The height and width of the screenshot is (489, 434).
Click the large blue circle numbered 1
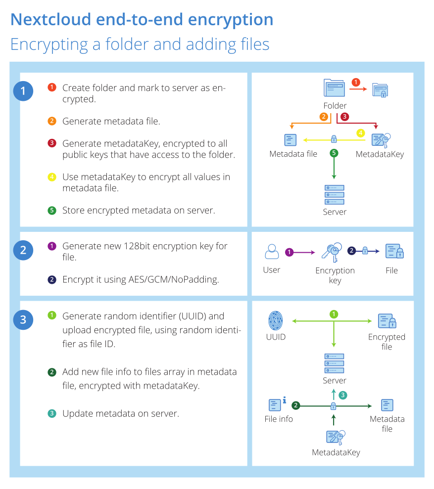click(x=23, y=91)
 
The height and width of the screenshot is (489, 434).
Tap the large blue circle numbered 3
click(x=23, y=320)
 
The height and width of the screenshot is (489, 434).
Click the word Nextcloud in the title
click(x=50, y=19)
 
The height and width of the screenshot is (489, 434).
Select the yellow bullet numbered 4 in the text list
click(x=52, y=177)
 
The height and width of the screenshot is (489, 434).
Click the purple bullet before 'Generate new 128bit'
click(x=52, y=246)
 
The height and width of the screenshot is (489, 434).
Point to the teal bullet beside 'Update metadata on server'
click(x=52, y=413)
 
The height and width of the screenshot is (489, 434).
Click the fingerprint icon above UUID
click(x=276, y=320)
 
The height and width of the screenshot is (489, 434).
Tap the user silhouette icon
click(x=272, y=251)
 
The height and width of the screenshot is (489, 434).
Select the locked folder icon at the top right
click(x=380, y=90)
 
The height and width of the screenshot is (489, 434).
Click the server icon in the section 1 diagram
click(x=335, y=195)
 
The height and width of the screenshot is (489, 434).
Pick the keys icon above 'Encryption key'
click(x=332, y=252)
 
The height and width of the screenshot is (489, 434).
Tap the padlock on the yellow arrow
click(x=334, y=139)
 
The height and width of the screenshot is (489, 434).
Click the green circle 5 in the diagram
click(x=334, y=153)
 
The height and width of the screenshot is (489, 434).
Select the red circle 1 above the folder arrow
click(x=356, y=82)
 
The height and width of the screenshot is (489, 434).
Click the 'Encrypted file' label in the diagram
click(x=386, y=342)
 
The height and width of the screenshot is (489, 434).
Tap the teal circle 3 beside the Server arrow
click(x=343, y=395)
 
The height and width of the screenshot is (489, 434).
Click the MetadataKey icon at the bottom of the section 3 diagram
click(x=336, y=438)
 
